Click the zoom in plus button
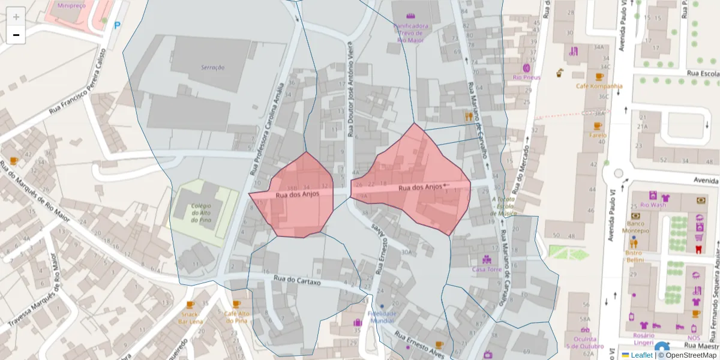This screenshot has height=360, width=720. [16, 17]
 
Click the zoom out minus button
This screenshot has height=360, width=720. [16, 35]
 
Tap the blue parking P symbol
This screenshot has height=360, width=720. [118, 26]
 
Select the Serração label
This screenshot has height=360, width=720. [212, 67]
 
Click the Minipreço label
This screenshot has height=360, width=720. [71, 5]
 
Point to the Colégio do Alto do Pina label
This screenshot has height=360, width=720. [201, 213]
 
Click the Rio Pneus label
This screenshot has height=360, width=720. [526, 77]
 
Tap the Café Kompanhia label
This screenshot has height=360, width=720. [599, 86]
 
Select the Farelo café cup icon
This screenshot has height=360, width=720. [598, 126]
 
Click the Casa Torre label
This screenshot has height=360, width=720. [487, 269]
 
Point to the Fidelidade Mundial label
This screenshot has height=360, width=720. [382, 317]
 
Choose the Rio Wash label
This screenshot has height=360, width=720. [653, 205]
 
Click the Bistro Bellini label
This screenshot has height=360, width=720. [634, 256]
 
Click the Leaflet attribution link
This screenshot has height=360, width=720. [641, 355]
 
